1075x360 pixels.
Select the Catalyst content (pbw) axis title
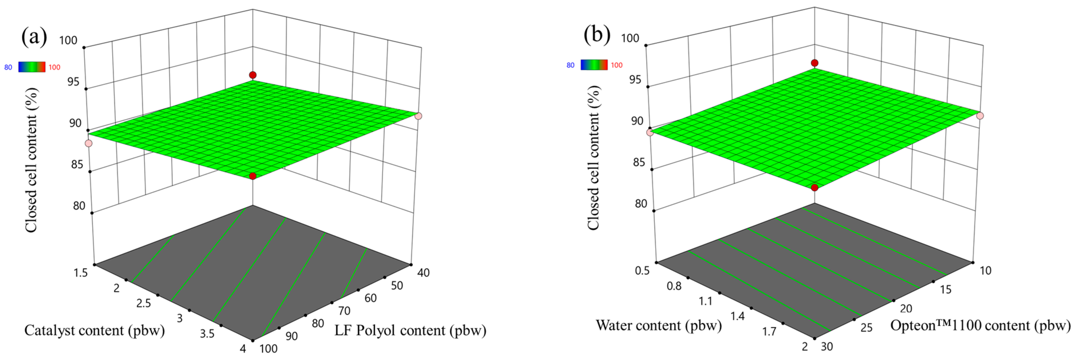click(x=94, y=330)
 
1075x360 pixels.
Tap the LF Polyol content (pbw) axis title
click(x=410, y=330)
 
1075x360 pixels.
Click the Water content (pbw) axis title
click(x=658, y=325)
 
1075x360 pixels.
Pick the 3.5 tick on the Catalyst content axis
click(x=207, y=333)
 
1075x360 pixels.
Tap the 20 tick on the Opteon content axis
click(x=906, y=308)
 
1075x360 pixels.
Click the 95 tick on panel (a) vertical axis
click(x=73, y=81)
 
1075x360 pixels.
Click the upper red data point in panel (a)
click(x=252, y=75)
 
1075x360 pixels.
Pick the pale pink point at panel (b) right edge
click(x=980, y=116)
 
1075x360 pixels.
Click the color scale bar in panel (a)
click(x=32, y=67)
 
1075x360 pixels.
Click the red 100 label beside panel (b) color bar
click(x=616, y=65)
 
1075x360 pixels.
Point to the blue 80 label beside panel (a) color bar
click(x=8, y=67)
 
